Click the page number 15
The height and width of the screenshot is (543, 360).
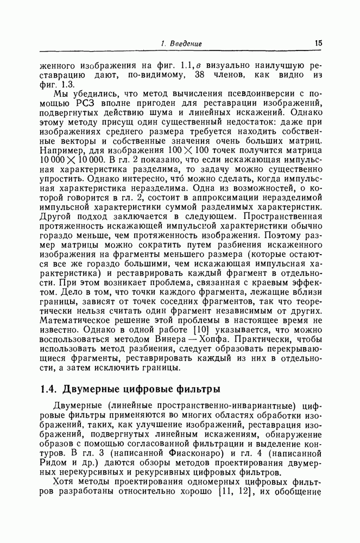318,43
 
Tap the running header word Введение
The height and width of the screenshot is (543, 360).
186,43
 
